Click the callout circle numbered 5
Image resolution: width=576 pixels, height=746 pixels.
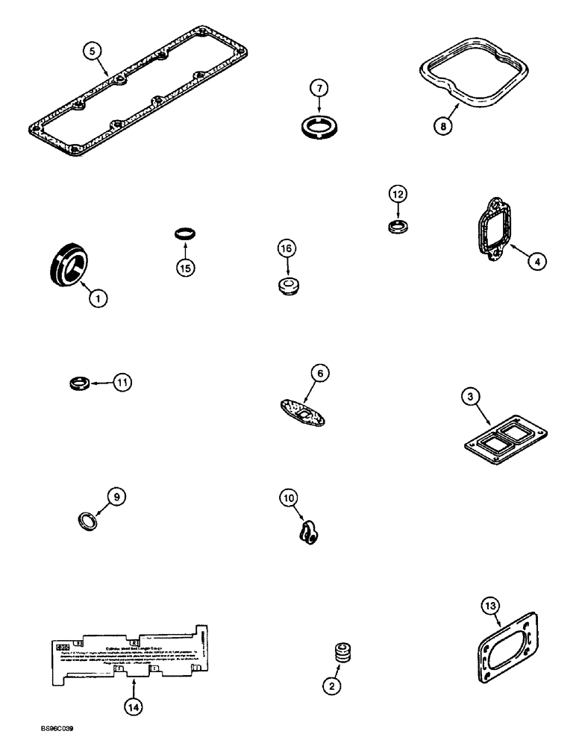[x=92, y=51]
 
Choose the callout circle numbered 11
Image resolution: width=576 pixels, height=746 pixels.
[x=122, y=383]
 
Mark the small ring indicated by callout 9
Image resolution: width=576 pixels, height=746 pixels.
[x=87, y=519]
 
